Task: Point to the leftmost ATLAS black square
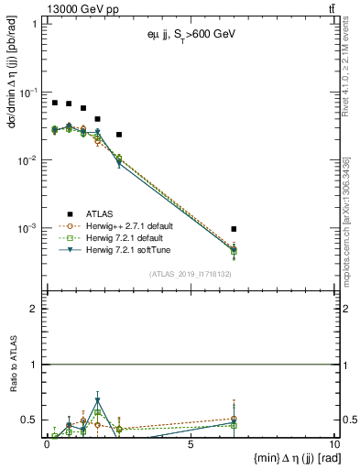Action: coord(55,103)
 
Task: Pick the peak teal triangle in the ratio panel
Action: coord(98,400)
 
